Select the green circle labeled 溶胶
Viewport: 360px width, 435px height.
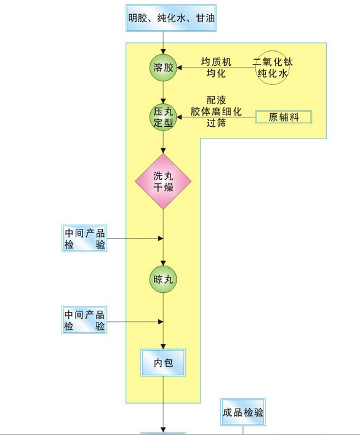[x=164, y=68]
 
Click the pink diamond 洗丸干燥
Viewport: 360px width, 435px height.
[x=164, y=181]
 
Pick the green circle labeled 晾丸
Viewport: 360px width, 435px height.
[x=164, y=279]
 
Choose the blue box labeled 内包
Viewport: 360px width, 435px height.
[x=164, y=364]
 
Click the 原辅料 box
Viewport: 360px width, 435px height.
[x=284, y=117]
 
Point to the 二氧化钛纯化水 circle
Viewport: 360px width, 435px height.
[x=272, y=68]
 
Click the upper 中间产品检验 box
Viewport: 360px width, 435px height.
[x=84, y=239]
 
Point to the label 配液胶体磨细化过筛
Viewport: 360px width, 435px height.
[x=216, y=111]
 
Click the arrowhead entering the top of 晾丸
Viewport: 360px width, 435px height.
[x=164, y=263]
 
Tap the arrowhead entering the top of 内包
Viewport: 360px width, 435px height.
[x=164, y=346]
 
